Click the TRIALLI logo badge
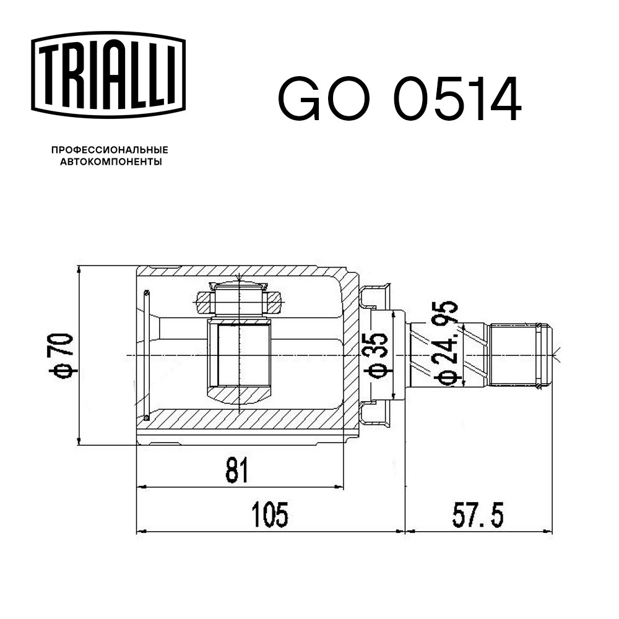tap(108, 75)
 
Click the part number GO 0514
tap(400, 99)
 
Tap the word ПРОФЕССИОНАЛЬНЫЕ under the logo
tap(110, 150)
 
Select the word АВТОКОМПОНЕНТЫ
tap(111, 162)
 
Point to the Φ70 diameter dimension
tap(61, 355)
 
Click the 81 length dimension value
tap(237, 470)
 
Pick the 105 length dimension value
tap(270, 514)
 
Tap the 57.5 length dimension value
tap(478, 514)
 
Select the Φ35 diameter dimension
tap(377, 355)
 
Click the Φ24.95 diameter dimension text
tap(446, 343)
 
